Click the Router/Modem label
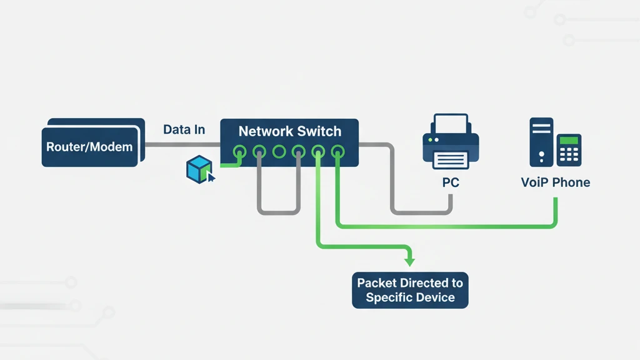(89, 147)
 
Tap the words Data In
(184, 130)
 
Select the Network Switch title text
(290, 131)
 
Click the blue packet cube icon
(199, 169)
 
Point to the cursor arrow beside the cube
(211, 178)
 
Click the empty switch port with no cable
(279, 151)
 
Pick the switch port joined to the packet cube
(239, 151)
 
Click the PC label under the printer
(451, 183)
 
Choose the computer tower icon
(541, 142)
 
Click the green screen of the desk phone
(569, 141)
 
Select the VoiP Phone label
(556, 183)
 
